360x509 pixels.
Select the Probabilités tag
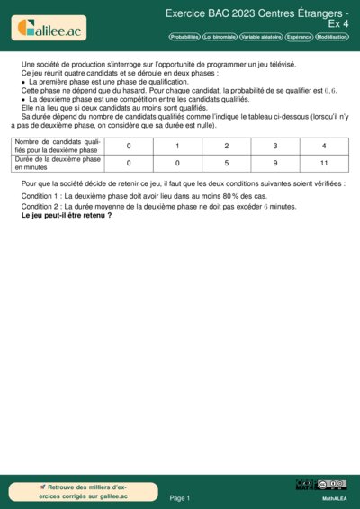tap(184, 37)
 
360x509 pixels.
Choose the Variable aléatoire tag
tap(260, 37)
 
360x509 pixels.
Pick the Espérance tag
tap(299, 37)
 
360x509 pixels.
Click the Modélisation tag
tap(332, 37)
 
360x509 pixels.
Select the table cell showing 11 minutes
tap(324, 164)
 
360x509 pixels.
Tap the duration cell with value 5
tap(226, 164)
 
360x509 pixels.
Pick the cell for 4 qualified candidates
tap(324, 146)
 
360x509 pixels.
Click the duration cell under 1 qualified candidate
tap(177, 164)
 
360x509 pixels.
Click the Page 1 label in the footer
tap(179, 497)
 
